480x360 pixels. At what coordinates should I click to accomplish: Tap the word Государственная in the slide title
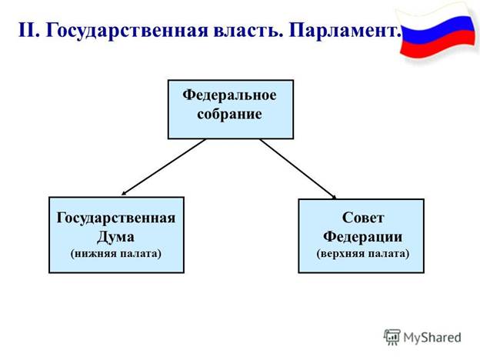point(115,32)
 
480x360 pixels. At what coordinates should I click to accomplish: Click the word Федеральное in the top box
point(230,96)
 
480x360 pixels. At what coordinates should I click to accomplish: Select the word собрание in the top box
point(230,114)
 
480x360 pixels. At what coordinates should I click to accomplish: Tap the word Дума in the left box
point(116,235)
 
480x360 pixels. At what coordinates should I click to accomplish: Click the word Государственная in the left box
point(116,218)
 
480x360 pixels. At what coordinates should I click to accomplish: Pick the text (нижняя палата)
point(116,252)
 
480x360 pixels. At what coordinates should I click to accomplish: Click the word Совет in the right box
point(362,218)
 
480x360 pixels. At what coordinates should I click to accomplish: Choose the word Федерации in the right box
point(362,235)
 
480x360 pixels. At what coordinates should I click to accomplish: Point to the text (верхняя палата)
point(362,252)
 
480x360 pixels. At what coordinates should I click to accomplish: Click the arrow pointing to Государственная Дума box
point(163,168)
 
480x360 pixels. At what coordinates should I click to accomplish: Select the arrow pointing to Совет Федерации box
point(298,168)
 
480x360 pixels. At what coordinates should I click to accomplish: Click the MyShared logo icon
point(392,337)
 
